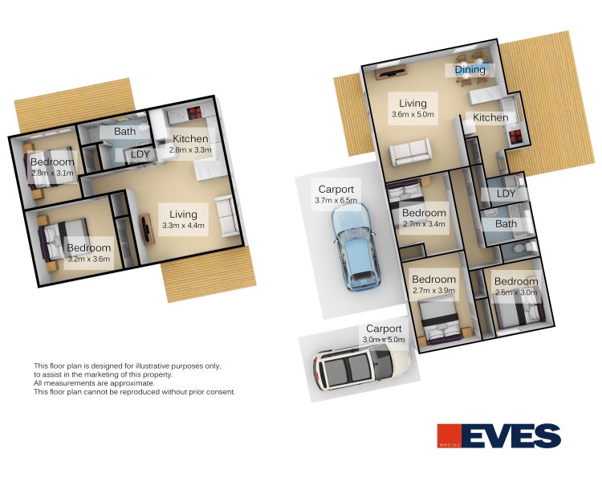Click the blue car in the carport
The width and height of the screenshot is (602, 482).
click(356, 247)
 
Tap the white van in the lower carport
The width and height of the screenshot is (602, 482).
click(362, 366)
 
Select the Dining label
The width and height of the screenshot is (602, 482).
click(470, 70)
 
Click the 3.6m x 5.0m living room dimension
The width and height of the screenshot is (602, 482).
click(413, 114)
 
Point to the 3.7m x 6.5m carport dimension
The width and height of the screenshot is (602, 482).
click(336, 200)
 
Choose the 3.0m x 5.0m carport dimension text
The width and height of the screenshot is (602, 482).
click(384, 340)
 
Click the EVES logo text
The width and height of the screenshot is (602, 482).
click(510, 436)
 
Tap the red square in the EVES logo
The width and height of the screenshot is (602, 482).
click(449, 436)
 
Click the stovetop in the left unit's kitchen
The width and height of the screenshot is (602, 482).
click(195, 113)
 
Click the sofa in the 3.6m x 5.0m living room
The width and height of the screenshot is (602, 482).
click(410, 153)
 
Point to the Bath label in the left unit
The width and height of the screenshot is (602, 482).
click(124, 132)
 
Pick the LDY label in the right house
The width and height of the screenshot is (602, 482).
click(506, 194)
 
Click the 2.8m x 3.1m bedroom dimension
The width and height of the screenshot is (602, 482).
click(52, 173)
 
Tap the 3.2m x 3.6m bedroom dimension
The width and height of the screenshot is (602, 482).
click(88, 259)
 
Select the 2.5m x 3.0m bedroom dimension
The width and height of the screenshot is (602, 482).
click(516, 292)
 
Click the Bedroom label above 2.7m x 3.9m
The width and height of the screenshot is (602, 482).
click(433, 280)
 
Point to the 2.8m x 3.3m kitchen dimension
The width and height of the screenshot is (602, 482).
click(190, 150)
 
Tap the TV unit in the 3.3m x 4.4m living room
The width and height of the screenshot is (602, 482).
click(147, 229)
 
